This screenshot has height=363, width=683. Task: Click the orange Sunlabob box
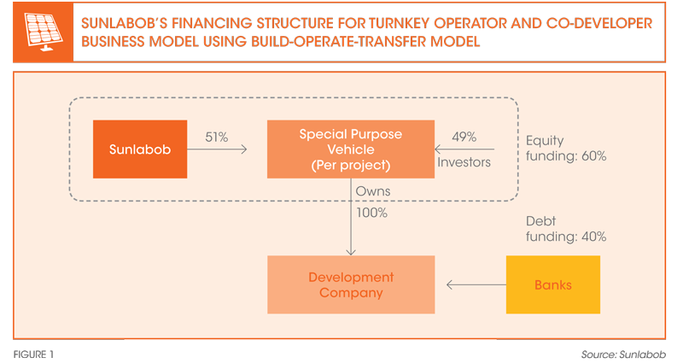(x=140, y=149)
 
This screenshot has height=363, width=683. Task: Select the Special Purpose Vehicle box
(x=351, y=149)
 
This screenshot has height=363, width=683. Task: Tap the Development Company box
(x=351, y=284)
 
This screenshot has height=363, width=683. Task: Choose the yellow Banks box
(x=552, y=284)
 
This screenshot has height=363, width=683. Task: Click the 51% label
(x=217, y=138)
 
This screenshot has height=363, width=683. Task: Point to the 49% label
(x=464, y=137)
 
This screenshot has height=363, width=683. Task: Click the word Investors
(x=464, y=162)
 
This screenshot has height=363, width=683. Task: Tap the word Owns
(x=373, y=190)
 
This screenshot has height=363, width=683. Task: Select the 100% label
(x=371, y=213)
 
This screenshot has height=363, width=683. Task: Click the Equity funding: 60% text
(x=566, y=148)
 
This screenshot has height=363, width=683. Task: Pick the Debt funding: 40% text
(x=566, y=229)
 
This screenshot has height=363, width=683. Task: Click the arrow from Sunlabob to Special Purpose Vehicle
(x=217, y=149)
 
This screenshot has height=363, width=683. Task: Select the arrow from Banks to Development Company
(x=476, y=285)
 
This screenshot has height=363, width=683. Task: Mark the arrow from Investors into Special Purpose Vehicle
(x=464, y=149)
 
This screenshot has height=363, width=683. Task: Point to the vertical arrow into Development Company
(x=351, y=217)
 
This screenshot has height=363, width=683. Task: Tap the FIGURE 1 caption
(x=33, y=354)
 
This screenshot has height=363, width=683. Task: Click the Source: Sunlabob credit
(x=623, y=354)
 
